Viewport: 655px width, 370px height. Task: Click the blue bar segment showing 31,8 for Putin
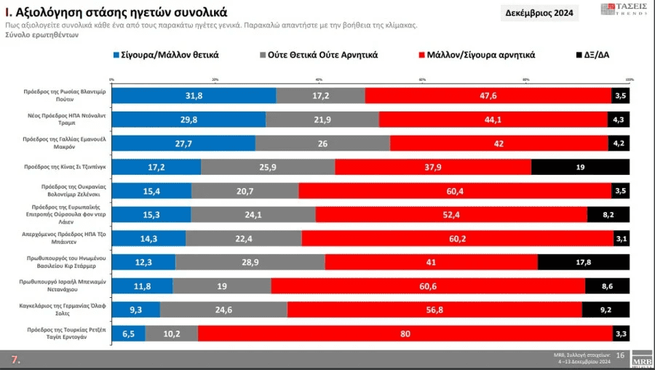pos(194,95)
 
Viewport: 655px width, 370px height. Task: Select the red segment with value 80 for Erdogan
pos(405,334)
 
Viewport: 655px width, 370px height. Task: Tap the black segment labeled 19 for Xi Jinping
pos(580,167)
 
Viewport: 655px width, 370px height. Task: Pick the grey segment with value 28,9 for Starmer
pos(250,262)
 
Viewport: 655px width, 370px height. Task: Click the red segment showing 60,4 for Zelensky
pos(455,191)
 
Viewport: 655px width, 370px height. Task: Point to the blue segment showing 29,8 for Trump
pos(188,119)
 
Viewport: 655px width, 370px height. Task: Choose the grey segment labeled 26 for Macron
pos(322,143)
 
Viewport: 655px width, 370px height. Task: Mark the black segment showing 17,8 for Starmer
pos(583,262)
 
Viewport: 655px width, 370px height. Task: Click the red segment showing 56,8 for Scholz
pos(434,310)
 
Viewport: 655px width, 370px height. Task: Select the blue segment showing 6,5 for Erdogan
pos(128,334)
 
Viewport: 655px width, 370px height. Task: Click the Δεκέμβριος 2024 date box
pos(539,13)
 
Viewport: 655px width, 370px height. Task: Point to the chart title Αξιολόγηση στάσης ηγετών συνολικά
pos(116,12)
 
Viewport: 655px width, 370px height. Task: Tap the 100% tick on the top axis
pos(629,79)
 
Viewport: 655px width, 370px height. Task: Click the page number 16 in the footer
pos(620,355)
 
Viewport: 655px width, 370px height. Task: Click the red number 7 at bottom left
pos(15,360)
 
